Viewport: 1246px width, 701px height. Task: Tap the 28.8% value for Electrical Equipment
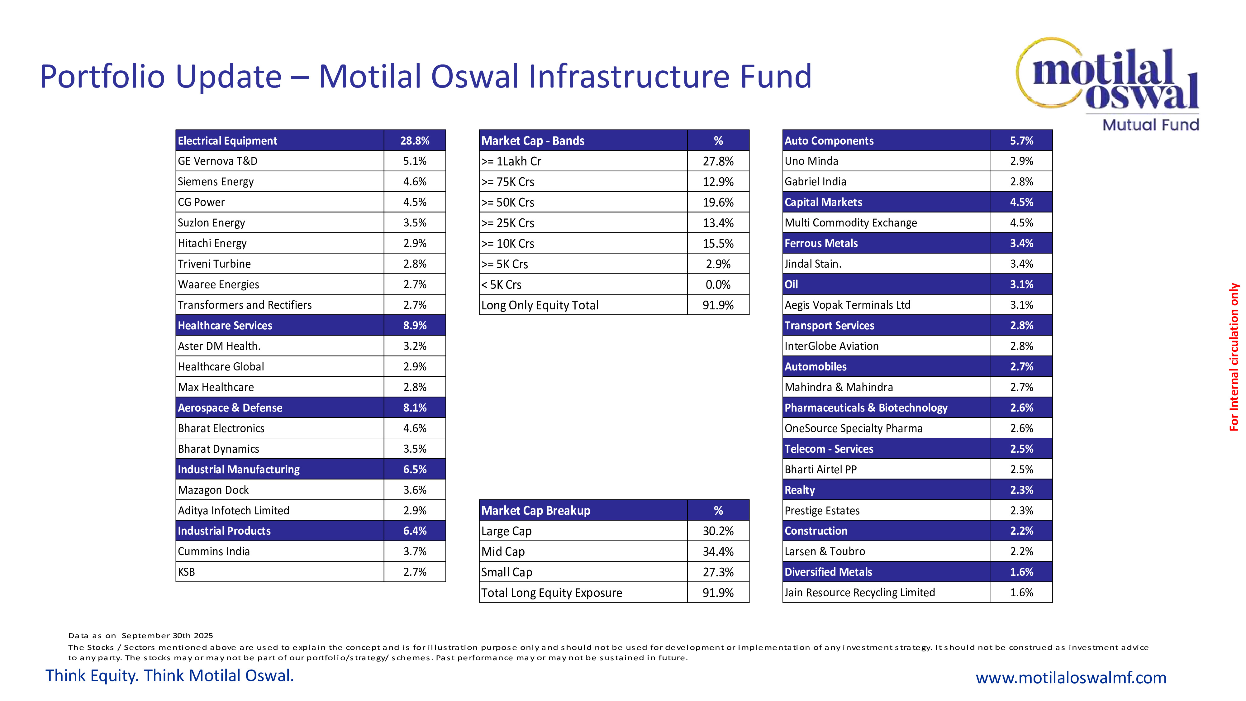(x=415, y=141)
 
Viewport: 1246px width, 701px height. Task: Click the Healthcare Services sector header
(x=225, y=326)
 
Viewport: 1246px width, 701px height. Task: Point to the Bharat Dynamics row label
(x=218, y=449)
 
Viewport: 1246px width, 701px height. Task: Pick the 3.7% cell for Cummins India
(x=415, y=551)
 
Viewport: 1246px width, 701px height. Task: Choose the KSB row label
(x=186, y=572)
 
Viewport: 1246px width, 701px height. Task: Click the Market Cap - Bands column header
(x=533, y=141)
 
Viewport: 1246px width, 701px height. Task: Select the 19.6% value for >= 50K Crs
(x=718, y=202)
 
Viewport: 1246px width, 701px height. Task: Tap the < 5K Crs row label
(x=501, y=284)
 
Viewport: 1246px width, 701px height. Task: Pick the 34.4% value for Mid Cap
(x=718, y=551)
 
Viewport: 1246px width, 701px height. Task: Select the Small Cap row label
(x=506, y=572)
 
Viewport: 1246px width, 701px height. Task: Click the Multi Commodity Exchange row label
(x=850, y=222)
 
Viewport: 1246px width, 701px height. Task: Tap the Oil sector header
(x=791, y=284)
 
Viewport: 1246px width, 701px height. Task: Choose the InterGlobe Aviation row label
(x=831, y=346)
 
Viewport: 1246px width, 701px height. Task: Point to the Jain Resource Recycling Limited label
(x=859, y=593)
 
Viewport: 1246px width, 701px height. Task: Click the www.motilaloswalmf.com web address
(x=1071, y=677)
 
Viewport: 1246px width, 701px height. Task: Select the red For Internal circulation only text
(x=1234, y=357)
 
